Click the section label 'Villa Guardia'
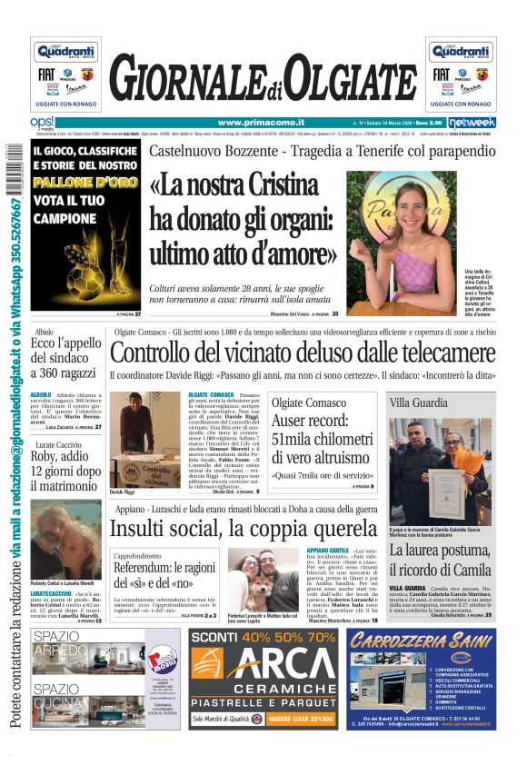click(x=418, y=402)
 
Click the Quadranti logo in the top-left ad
click(x=65, y=52)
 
